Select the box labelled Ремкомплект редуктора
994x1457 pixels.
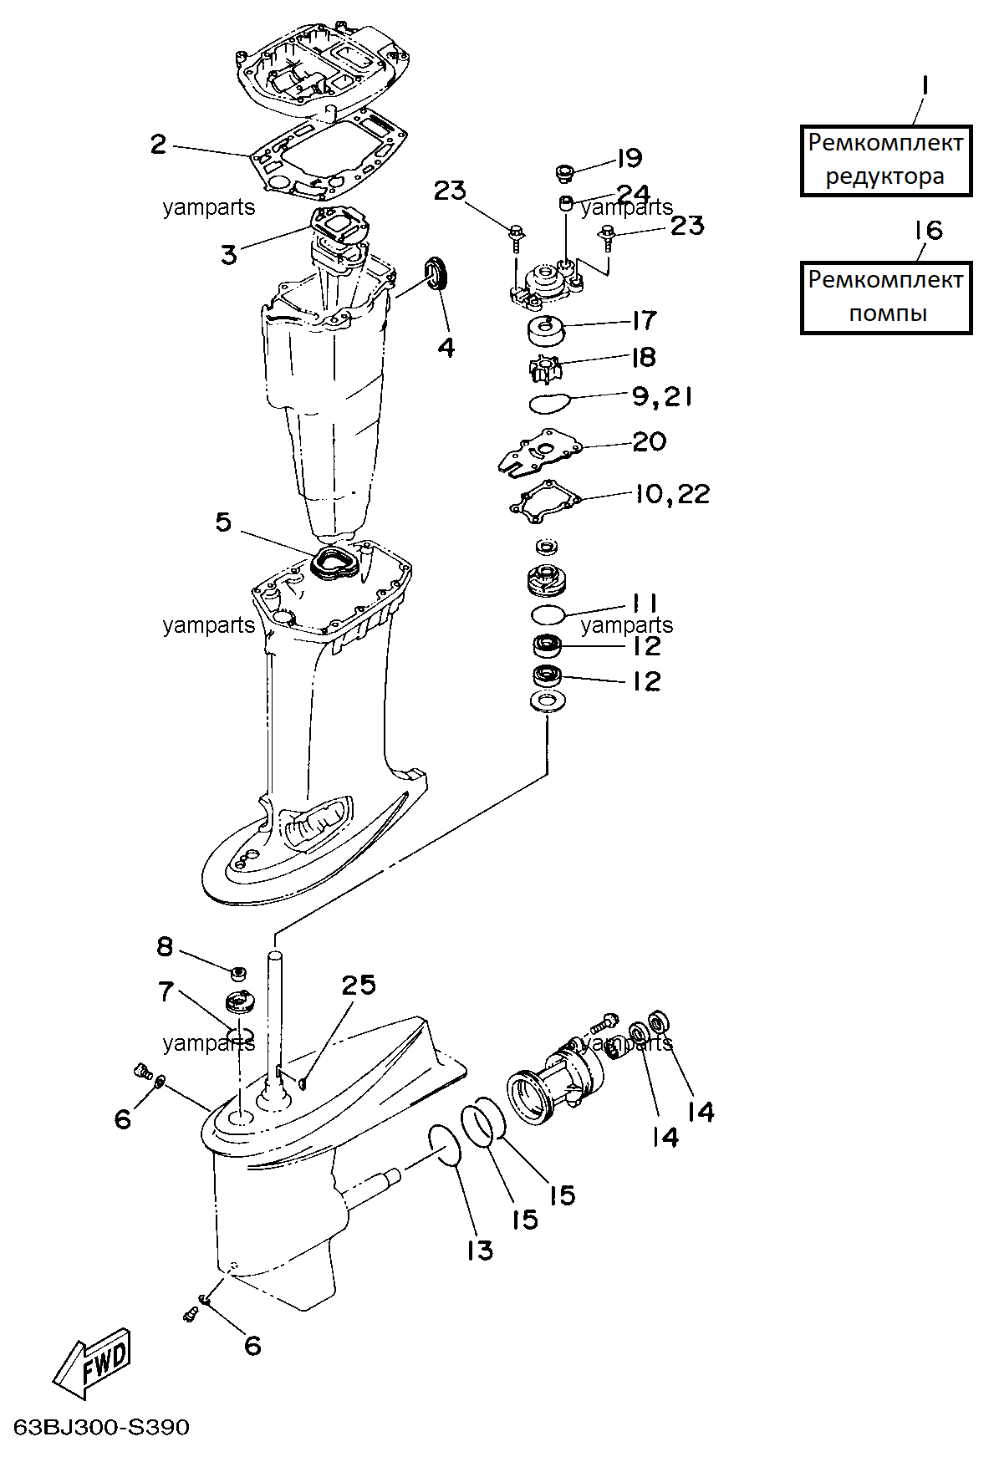coord(886,160)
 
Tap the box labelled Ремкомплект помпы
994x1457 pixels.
coord(886,298)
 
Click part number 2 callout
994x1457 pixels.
coord(158,144)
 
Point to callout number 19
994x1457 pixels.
coord(629,158)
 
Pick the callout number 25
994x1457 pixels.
coord(359,985)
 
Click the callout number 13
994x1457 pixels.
coord(480,1251)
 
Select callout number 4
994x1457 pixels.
coord(446,347)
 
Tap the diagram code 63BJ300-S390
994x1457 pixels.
coord(102,1426)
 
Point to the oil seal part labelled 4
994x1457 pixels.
coord(437,273)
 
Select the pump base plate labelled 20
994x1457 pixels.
coord(540,451)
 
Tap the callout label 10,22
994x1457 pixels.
coord(672,494)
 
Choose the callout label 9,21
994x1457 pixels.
coord(662,396)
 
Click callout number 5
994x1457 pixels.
coord(223,522)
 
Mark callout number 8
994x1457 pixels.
coord(165,946)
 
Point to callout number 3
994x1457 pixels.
coord(229,254)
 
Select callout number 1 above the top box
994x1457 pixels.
coord(925,86)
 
